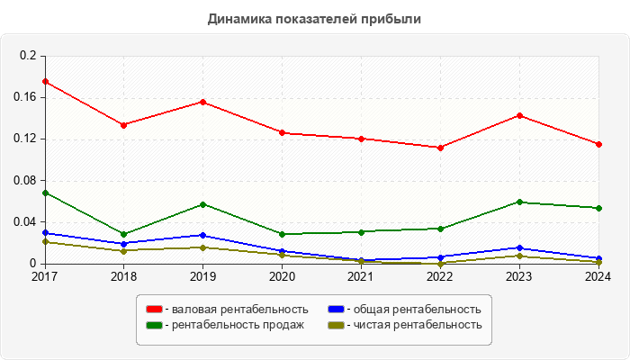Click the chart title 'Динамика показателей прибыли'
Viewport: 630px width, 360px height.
click(314, 19)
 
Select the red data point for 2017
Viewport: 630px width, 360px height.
click(45, 82)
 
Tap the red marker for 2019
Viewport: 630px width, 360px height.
click(203, 102)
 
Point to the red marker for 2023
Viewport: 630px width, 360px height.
click(519, 115)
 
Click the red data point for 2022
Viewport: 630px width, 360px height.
click(440, 148)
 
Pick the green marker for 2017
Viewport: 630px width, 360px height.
click(45, 193)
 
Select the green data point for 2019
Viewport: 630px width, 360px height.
click(203, 204)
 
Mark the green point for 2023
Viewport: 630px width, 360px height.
click(519, 202)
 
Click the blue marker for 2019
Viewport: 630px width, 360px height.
click(203, 235)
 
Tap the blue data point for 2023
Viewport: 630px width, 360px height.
click(519, 247)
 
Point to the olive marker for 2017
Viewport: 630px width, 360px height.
click(45, 241)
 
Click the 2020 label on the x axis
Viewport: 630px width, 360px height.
click(282, 276)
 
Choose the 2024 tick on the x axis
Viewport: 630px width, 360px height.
click(598, 276)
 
